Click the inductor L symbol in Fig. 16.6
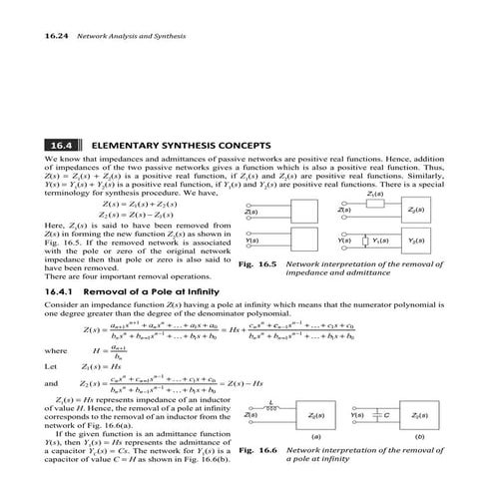point(264,406)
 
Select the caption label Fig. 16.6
point(258,451)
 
